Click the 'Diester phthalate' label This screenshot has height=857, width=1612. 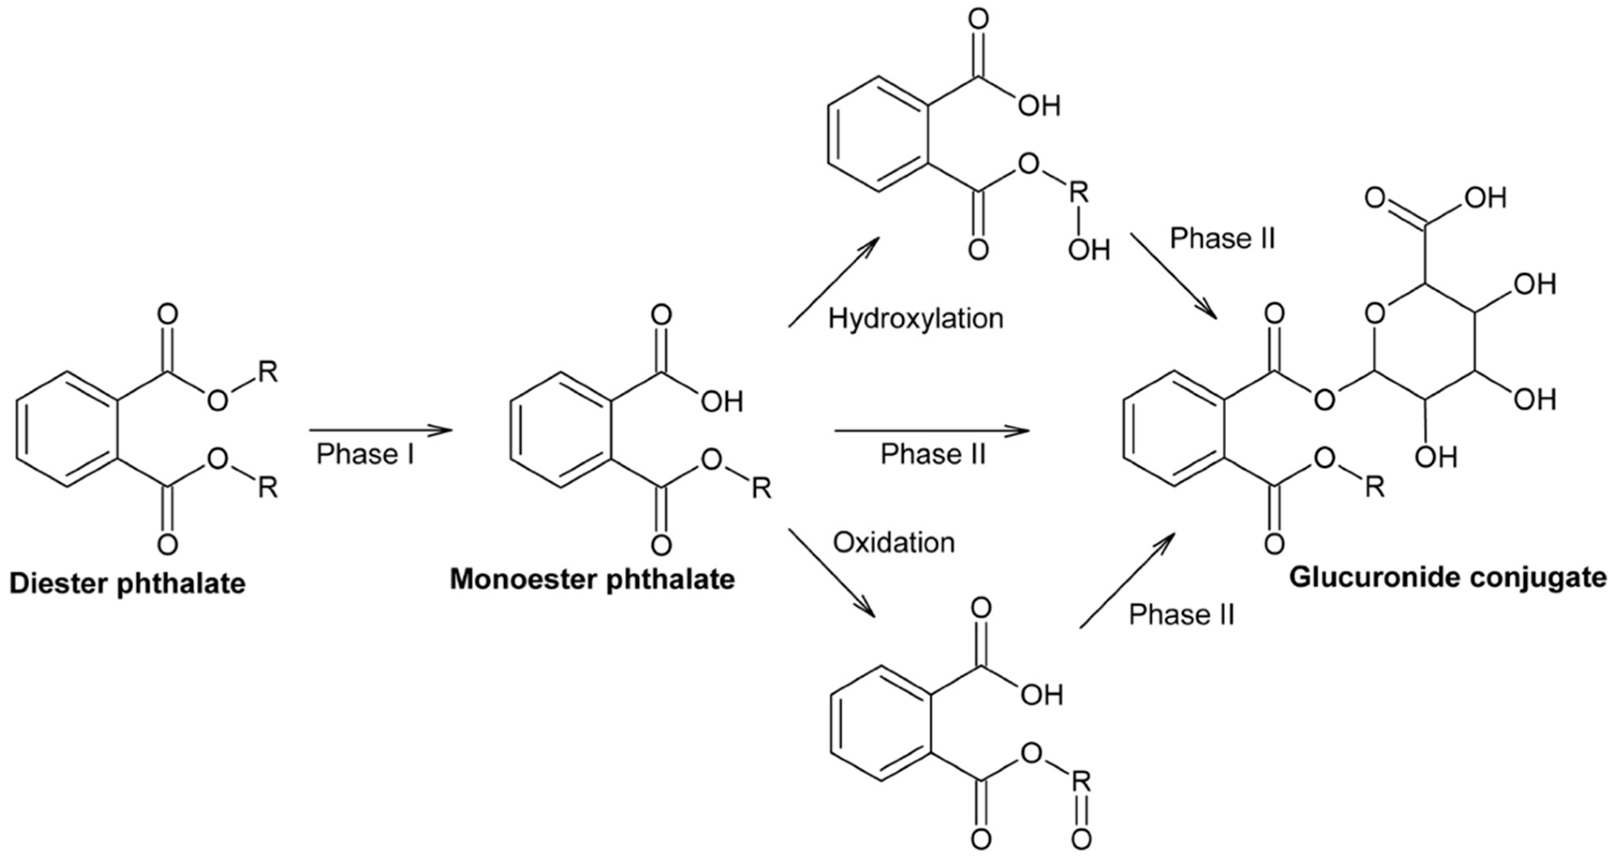(x=128, y=584)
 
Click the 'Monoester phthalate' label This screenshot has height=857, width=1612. (x=592, y=579)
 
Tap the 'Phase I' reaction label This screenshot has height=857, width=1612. (x=366, y=454)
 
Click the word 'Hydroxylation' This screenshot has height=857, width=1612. (x=915, y=318)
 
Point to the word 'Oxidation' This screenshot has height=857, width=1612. (x=894, y=543)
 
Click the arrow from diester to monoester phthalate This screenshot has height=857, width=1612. (x=381, y=431)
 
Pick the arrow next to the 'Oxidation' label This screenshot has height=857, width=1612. (x=831, y=571)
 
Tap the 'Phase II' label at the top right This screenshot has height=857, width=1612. (x=1222, y=238)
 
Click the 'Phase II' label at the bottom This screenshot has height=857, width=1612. (x=1181, y=615)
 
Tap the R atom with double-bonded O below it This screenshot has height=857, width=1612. (x=1081, y=781)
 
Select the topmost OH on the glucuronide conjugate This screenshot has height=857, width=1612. (x=1485, y=199)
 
